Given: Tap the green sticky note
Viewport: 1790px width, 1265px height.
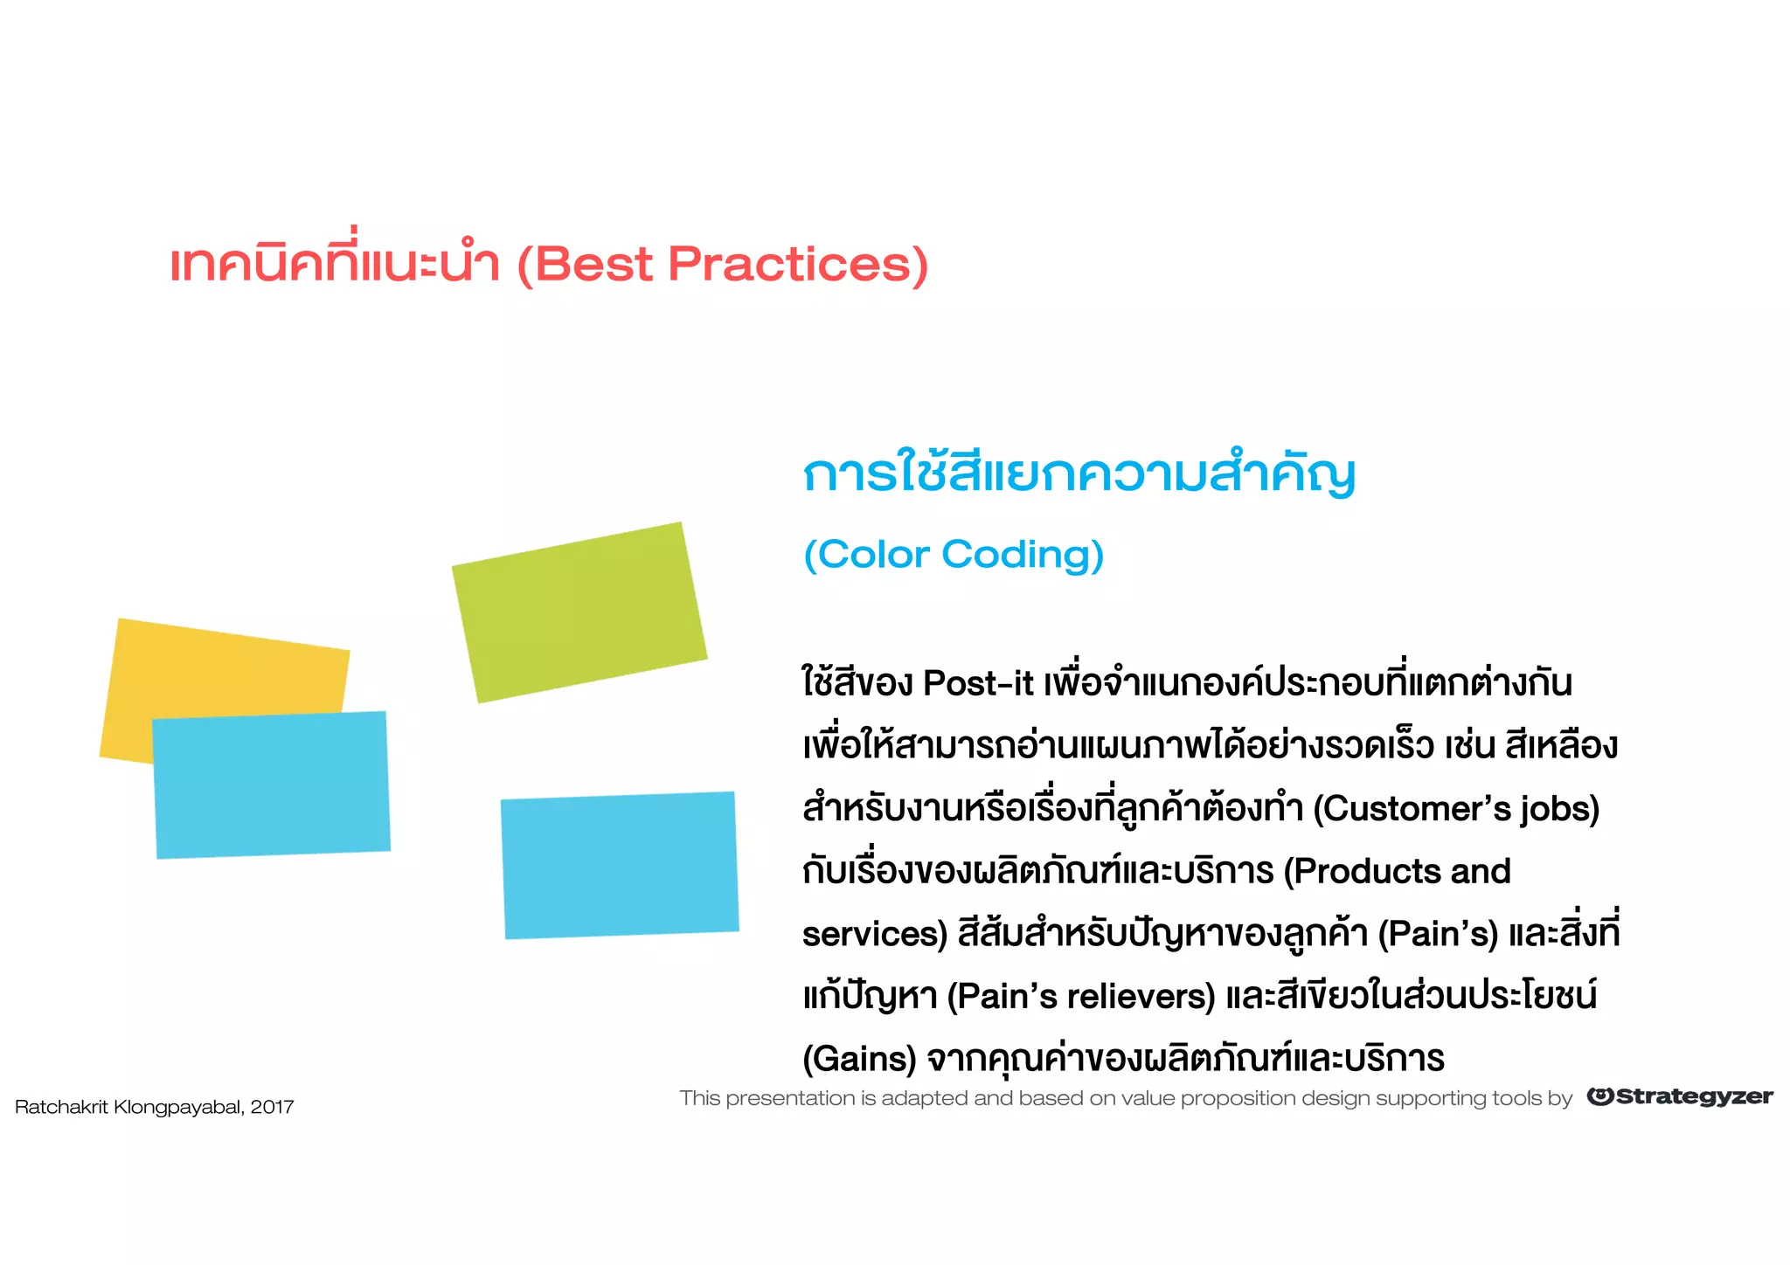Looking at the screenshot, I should [x=579, y=612].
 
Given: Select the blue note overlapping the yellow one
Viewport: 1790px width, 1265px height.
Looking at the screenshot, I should [x=271, y=785].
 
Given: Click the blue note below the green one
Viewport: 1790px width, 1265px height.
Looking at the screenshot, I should [x=620, y=865].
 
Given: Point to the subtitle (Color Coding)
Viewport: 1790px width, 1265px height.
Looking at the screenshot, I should [x=953, y=555].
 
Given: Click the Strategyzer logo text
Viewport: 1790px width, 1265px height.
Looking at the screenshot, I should [x=1694, y=1097].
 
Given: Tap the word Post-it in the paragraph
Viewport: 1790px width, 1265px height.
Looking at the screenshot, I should [x=978, y=683].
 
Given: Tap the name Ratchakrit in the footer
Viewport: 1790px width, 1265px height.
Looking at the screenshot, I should [x=61, y=1108].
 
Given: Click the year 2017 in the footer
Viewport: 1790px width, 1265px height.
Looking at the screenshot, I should [x=272, y=1108].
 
